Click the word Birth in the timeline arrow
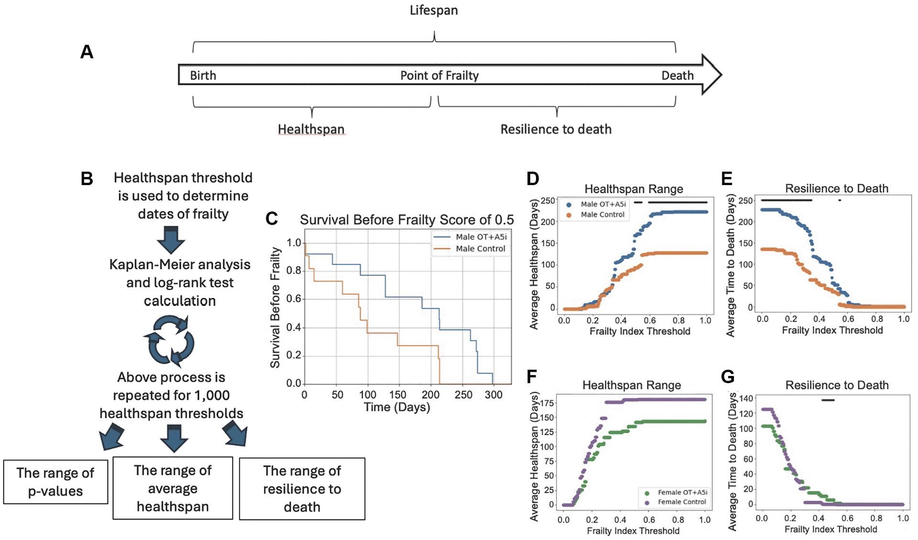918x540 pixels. coord(203,76)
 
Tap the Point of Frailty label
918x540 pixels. coord(439,76)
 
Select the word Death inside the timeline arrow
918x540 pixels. coord(677,76)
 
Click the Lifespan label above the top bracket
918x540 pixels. coord(434,11)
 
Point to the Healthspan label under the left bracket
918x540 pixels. coord(311,129)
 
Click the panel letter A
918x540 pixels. coord(87,52)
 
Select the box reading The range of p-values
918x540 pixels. coord(55,482)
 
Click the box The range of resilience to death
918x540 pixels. coord(302,488)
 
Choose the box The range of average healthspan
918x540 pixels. coord(173,488)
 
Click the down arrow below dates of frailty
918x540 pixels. coord(171,240)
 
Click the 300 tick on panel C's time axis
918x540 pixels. coord(493,395)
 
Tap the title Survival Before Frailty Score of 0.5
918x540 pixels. coord(406,220)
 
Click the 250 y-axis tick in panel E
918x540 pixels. coord(745,200)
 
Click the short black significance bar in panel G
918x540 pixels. coord(828,400)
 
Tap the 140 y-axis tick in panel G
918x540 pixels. coord(746,398)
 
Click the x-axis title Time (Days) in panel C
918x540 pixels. coord(397,407)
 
